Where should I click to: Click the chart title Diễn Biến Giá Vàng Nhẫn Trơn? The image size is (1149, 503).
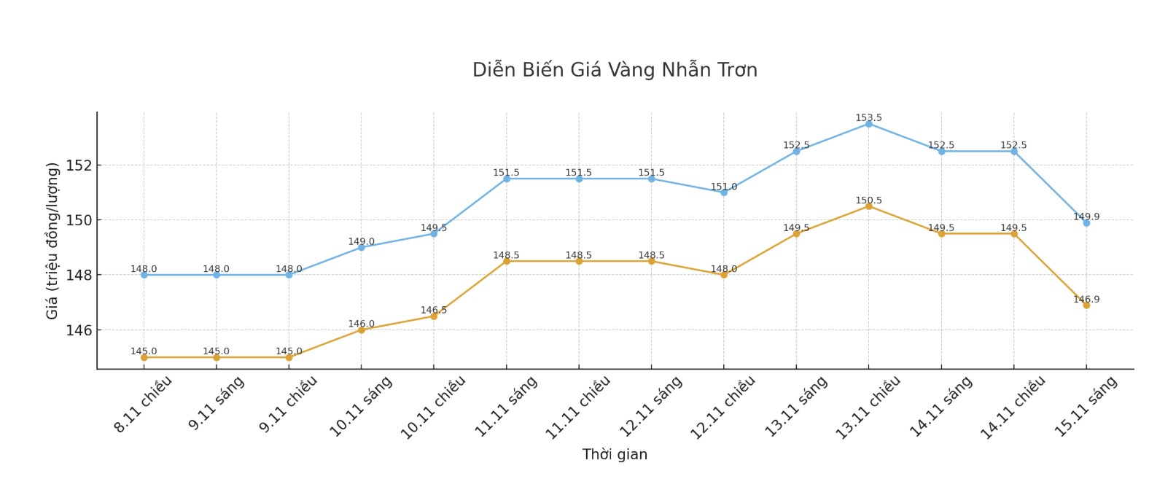pyautogui.click(x=615, y=70)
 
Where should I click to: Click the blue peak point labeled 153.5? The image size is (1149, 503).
pyautogui.click(x=868, y=124)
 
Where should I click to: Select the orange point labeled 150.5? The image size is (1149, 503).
pyautogui.click(x=868, y=206)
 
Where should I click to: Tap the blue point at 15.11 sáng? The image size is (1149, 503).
pyautogui.click(x=1086, y=223)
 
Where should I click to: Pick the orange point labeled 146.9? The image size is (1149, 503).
pyautogui.click(x=1086, y=305)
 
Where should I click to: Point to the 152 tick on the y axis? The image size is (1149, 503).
pyautogui.click(x=79, y=165)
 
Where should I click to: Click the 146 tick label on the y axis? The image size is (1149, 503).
pyautogui.click(x=79, y=330)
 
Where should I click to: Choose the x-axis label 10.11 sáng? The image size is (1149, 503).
pyautogui.click(x=361, y=406)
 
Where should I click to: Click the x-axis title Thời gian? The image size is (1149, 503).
pyautogui.click(x=615, y=454)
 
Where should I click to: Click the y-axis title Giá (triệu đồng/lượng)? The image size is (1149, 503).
pyautogui.click(x=52, y=241)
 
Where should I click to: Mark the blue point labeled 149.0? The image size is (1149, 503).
pyautogui.click(x=361, y=248)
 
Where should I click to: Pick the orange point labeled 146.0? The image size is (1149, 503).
pyautogui.click(x=361, y=330)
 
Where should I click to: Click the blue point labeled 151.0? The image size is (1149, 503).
pyautogui.click(x=724, y=192)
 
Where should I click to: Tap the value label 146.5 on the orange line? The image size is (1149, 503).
pyautogui.click(x=434, y=310)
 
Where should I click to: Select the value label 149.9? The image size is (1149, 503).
pyautogui.click(x=1086, y=217)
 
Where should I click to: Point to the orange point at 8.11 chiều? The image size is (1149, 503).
pyautogui.click(x=144, y=357)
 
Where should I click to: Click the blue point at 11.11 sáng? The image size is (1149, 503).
pyautogui.click(x=506, y=179)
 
